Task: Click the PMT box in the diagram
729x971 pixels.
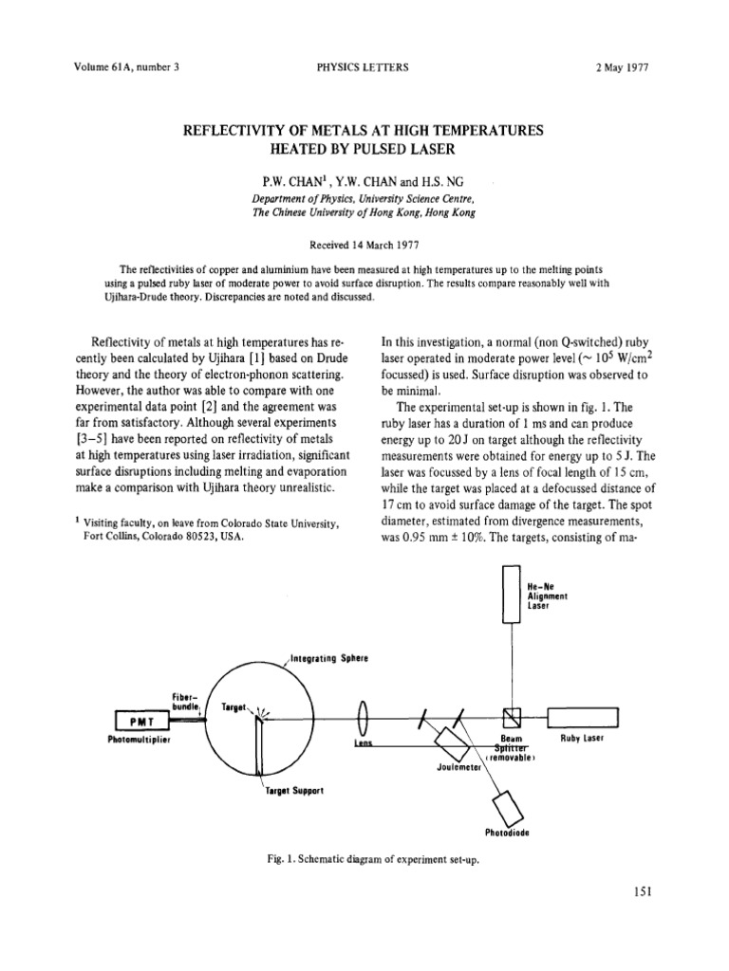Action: click(140, 722)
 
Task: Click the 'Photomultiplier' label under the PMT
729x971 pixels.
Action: click(139, 740)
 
